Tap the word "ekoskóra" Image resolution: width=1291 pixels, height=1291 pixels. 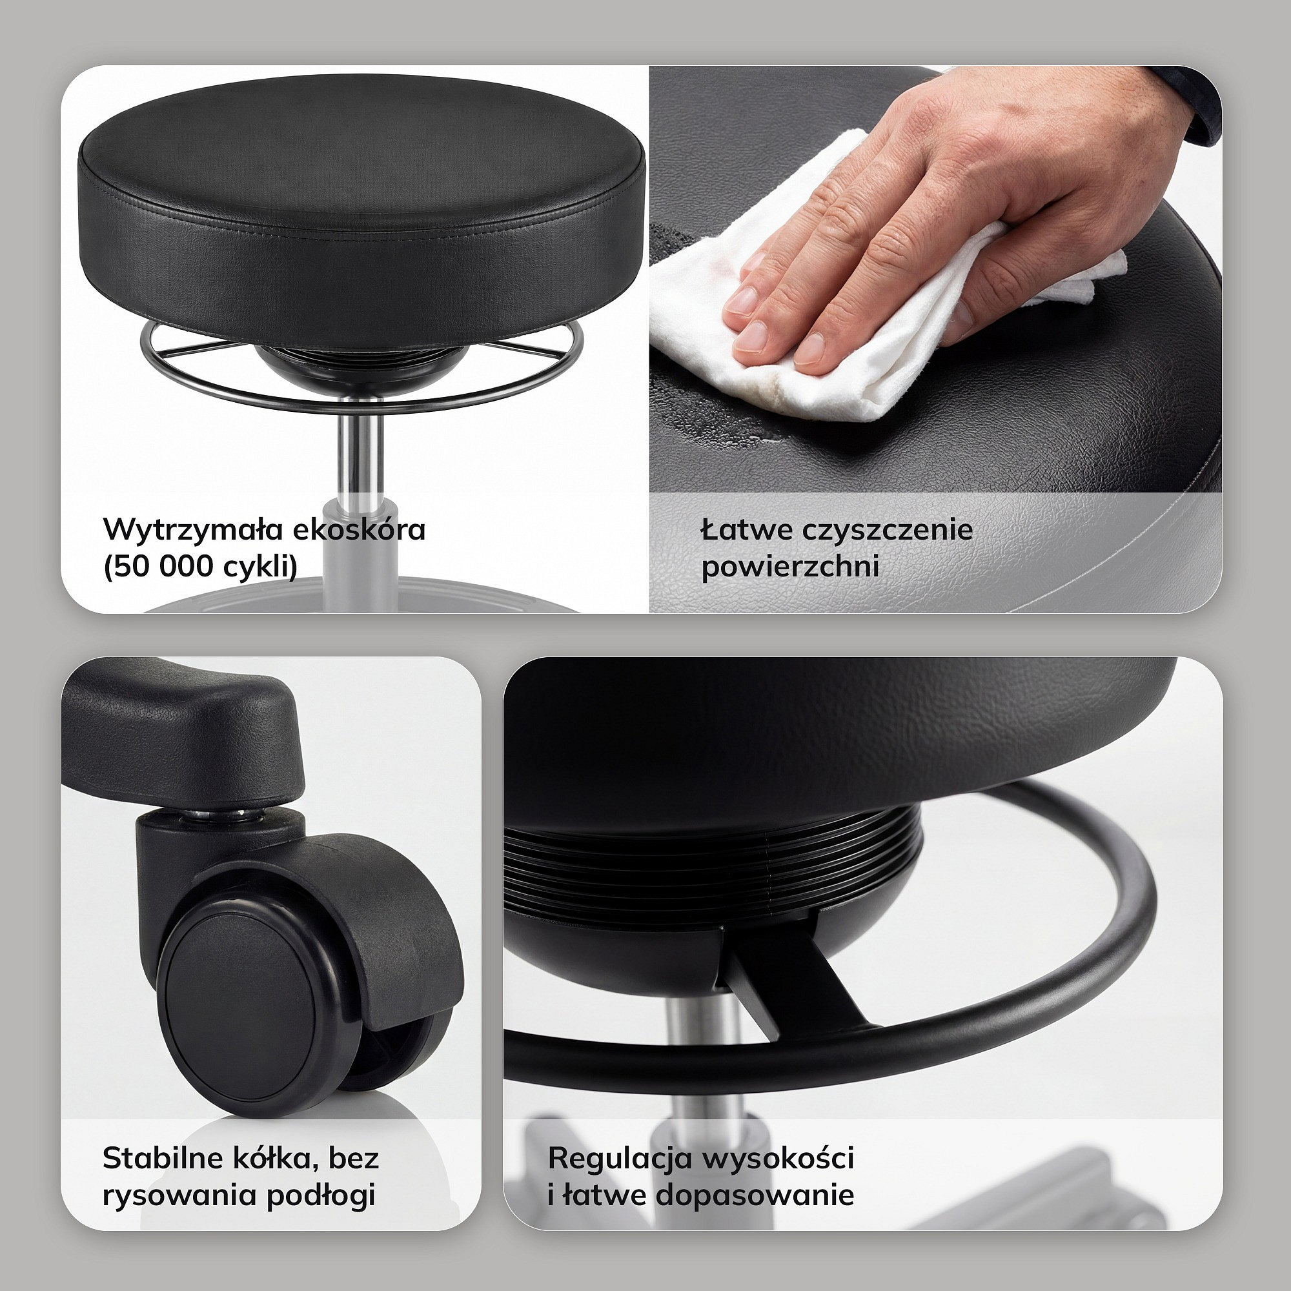coord(359,529)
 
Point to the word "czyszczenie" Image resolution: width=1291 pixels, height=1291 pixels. coord(887,531)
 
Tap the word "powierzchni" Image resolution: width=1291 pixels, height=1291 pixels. coord(790,567)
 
